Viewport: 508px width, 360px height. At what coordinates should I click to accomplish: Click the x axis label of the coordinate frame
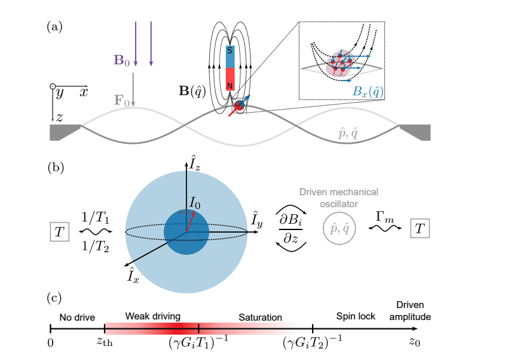pos(83,92)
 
